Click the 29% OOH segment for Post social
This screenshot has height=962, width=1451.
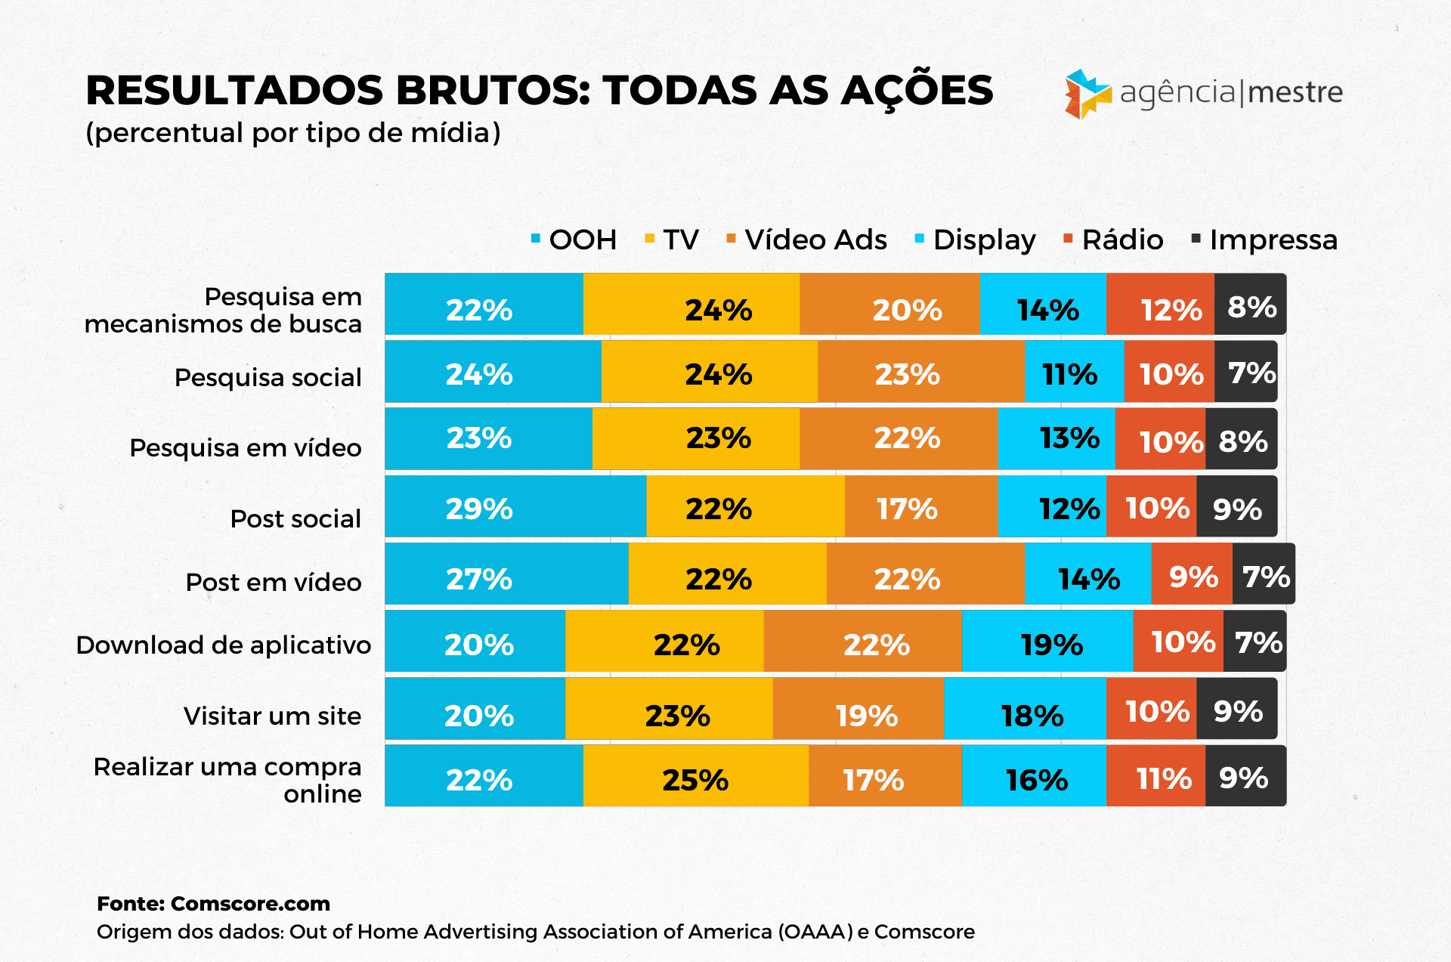tap(515, 506)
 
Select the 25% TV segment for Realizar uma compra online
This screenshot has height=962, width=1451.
tap(695, 776)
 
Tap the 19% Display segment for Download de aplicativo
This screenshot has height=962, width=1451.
tap(1047, 642)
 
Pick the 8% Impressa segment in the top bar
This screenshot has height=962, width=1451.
tap(1250, 305)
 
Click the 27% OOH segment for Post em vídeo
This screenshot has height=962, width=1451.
tap(506, 574)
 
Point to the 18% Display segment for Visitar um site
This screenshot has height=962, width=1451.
tap(1025, 709)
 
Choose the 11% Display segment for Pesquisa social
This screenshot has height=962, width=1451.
tap(1074, 372)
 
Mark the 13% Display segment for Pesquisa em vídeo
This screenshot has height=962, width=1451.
tap(1057, 439)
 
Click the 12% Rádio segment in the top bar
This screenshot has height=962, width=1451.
tap(1160, 305)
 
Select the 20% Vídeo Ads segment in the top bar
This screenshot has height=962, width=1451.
tap(889, 305)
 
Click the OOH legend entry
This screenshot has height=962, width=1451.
tap(574, 240)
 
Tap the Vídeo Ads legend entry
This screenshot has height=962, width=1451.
tap(806, 240)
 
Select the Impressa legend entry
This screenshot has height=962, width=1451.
tap(1264, 240)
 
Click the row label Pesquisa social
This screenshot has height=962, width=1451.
tap(268, 377)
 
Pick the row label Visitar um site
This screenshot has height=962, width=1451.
tap(272, 716)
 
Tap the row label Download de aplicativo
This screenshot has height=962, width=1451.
tap(224, 645)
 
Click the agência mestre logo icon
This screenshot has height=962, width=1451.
tap(1087, 94)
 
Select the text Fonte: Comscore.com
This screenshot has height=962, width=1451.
tap(214, 904)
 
